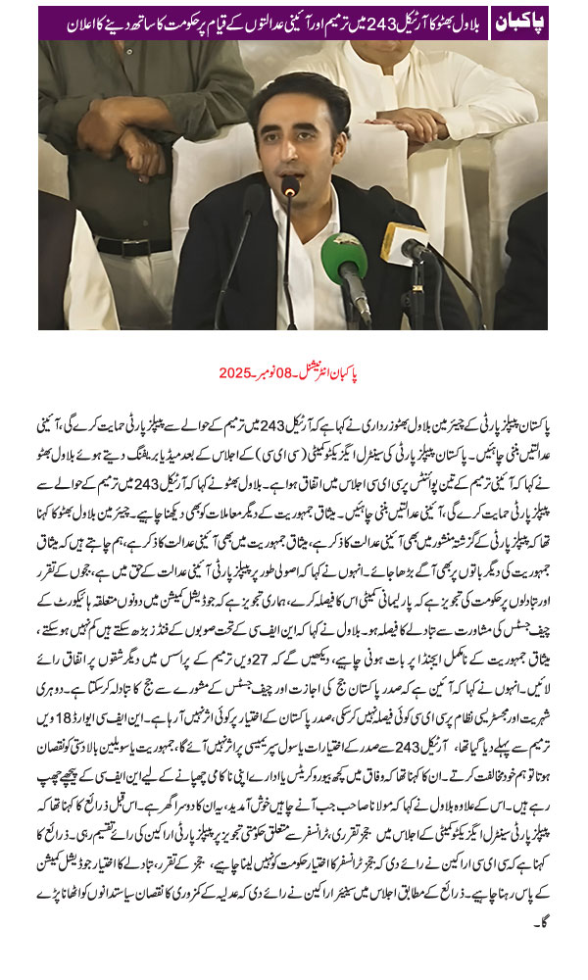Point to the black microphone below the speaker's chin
pyautogui.click(x=290, y=186)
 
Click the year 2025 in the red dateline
pyautogui.click(x=235, y=372)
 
